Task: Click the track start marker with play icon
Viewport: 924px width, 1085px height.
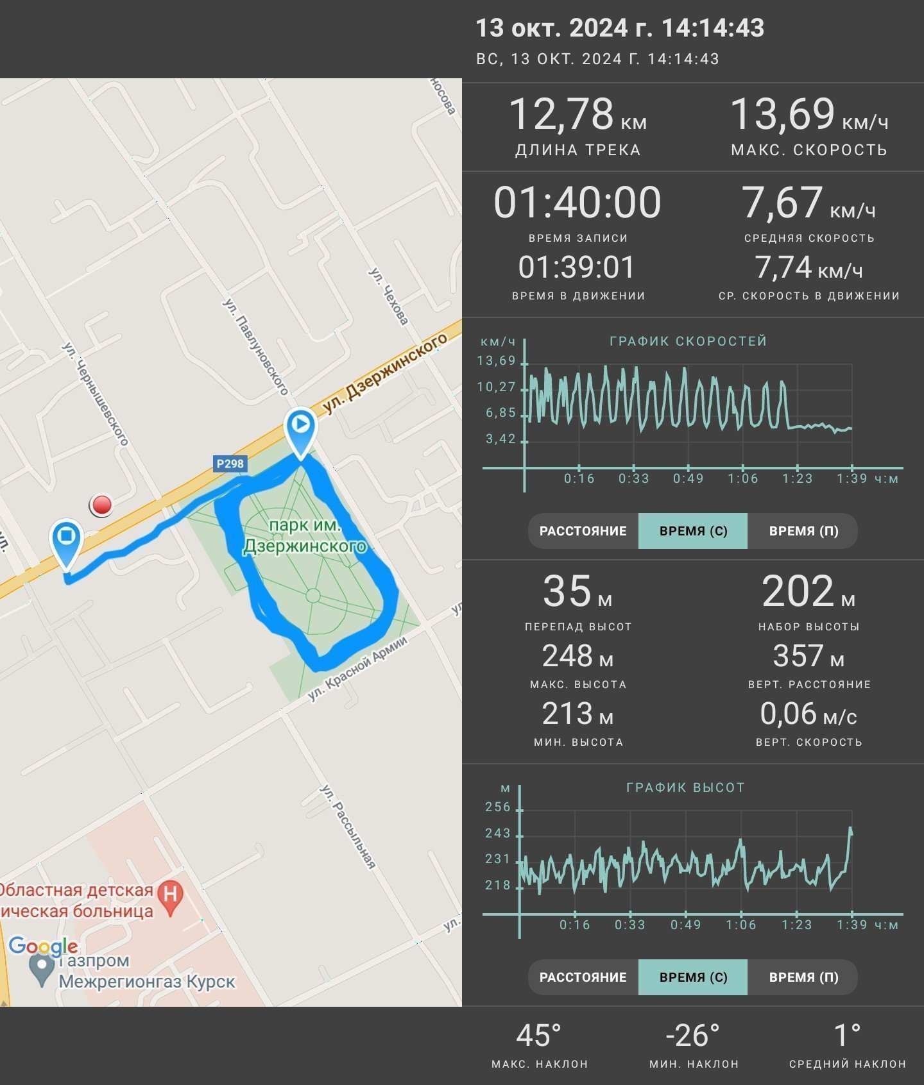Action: tap(301, 432)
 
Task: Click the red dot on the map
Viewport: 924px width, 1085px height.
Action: tap(101, 505)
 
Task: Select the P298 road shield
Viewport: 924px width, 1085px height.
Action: tap(230, 464)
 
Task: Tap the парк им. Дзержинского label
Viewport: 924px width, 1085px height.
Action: tap(305, 535)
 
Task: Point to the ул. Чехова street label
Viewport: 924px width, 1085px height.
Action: tap(388, 296)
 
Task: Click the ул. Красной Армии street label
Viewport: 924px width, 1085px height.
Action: tap(357, 668)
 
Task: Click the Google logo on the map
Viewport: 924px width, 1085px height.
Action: tap(43, 946)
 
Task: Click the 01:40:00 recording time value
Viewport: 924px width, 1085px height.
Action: tap(577, 202)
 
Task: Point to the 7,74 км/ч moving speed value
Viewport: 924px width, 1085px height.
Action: tap(809, 267)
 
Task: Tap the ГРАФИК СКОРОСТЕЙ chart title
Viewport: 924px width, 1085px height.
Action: tap(689, 341)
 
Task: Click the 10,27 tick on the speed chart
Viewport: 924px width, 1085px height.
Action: tap(497, 387)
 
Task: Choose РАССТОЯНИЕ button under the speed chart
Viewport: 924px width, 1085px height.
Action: tap(583, 531)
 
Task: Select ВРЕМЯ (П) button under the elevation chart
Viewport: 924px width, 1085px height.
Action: tap(803, 977)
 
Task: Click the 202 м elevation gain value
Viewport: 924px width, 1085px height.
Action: tap(809, 591)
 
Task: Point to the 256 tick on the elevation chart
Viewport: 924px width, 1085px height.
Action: tap(498, 807)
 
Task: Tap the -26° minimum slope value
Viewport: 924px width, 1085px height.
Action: tap(693, 1036)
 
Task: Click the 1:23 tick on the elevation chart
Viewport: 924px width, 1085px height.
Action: tap(796, 925)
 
